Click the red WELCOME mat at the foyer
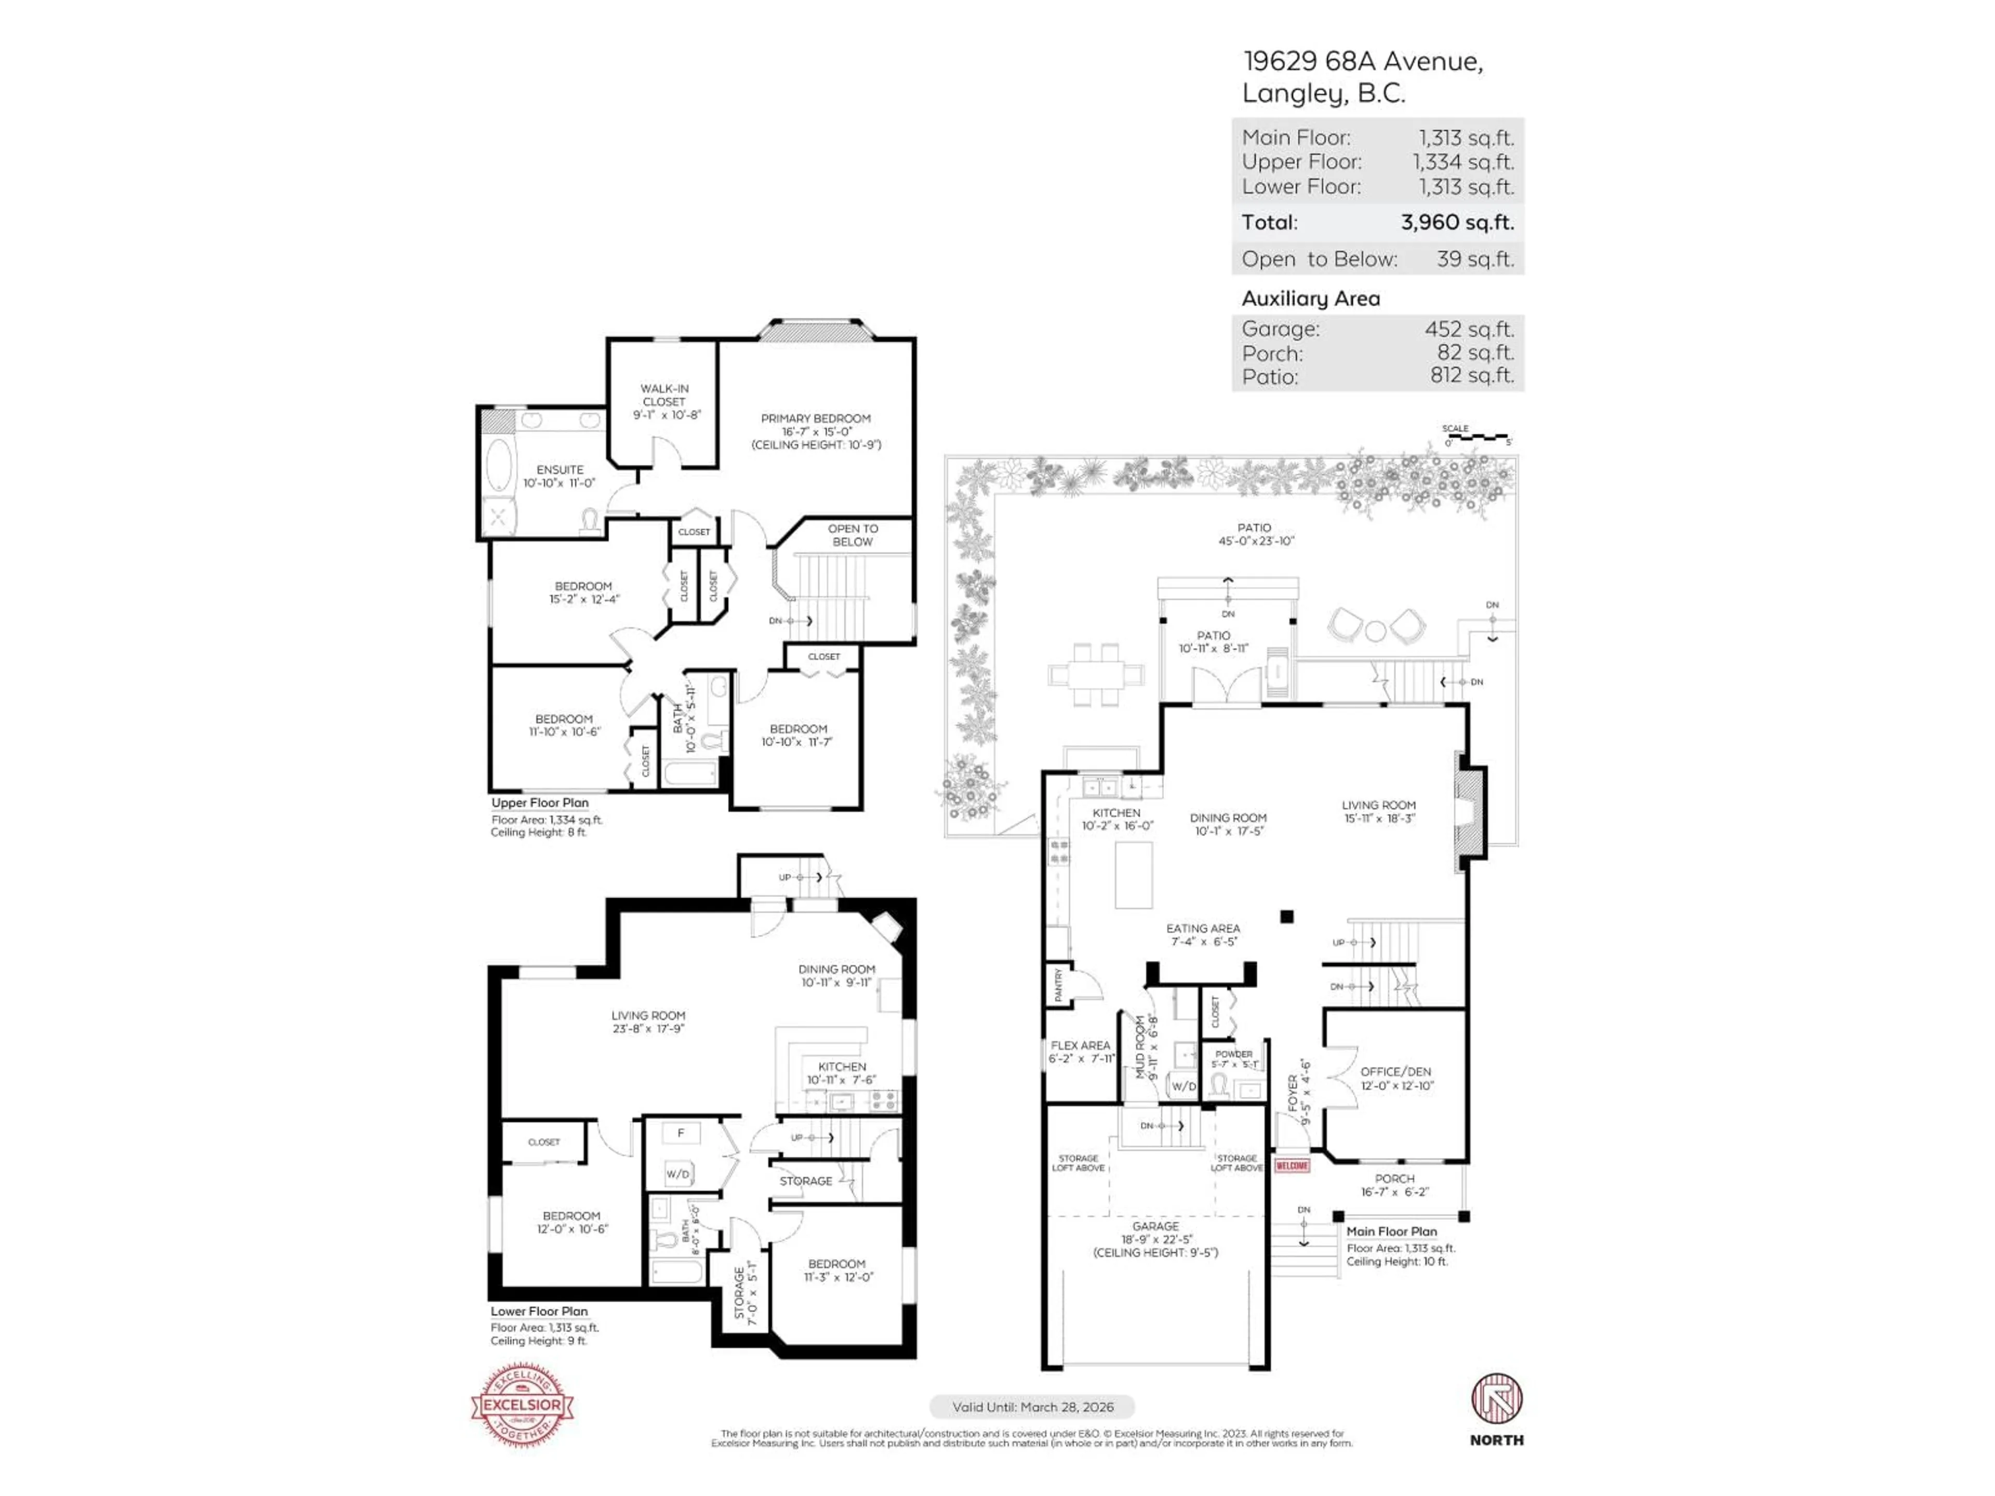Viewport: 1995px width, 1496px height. [1292, 1166]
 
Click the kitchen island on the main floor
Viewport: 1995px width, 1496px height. [1134, 875]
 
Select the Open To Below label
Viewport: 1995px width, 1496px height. [853, 535]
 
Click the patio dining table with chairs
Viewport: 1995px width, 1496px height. [1096, 675]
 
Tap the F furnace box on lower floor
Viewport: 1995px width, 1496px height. [682, 1132]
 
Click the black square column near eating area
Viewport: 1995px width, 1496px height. [1287, 917]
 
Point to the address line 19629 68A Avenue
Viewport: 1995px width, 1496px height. [1362, 61]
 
